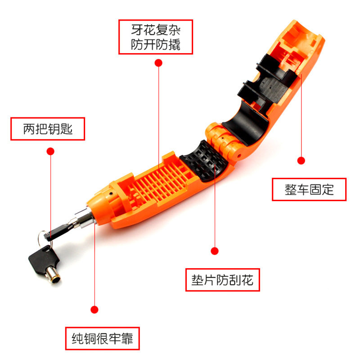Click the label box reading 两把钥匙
pyautogui.click(x=48, y=129)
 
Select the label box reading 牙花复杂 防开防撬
pyautogui.click(x=156, y=37)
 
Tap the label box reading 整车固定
pyautogui.click(x=309, y=189)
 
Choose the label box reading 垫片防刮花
pyautogui.click(x=222, y=280)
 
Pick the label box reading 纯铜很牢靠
pyautogui.click(x=103, y=338)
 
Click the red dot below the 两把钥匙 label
pyautogui.click(x=50, y=151)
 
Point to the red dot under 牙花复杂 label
pyautogui.click(x=158, y=63)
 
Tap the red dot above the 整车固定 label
pyautogui.click(x=301, y=161)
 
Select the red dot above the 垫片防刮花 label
pyautogui.click(x=215, y=251)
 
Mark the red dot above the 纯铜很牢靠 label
pyautogui.click(x=94, y=310)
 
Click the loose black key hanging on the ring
pyautogui.click(x=44, y=261)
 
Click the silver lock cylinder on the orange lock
pyautogui.click(x=84, y=218)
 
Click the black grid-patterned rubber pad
pyautogui.click(x=204, y=161)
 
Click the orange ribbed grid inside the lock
pyautogui.click(x=158, y=181)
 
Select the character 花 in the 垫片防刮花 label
pyautogui.click(x=247, y=280)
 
